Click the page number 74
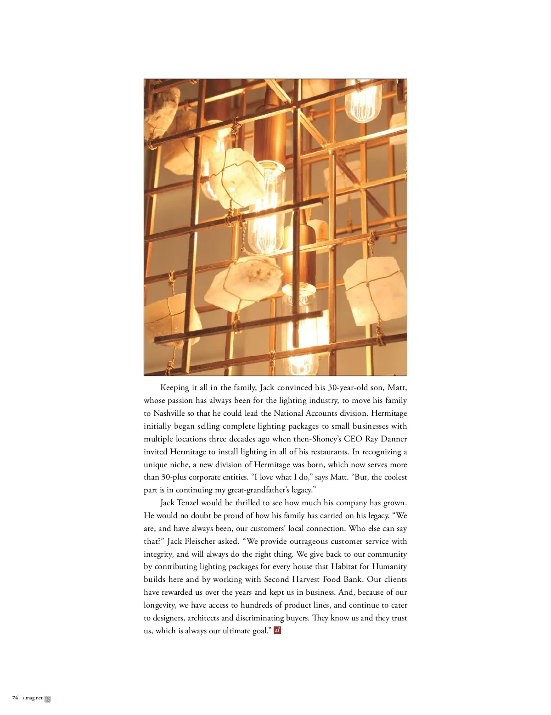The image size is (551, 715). coord(15,698)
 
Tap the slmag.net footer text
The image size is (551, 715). coord(32,698)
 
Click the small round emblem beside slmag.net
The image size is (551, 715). coord(48,699)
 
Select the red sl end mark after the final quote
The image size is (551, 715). coord(277,630)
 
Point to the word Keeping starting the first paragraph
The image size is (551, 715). coord(174,387)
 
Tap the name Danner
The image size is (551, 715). coord(394,439)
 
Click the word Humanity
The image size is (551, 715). coord(389,567)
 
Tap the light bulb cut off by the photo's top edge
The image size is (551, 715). coord(363,101)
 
